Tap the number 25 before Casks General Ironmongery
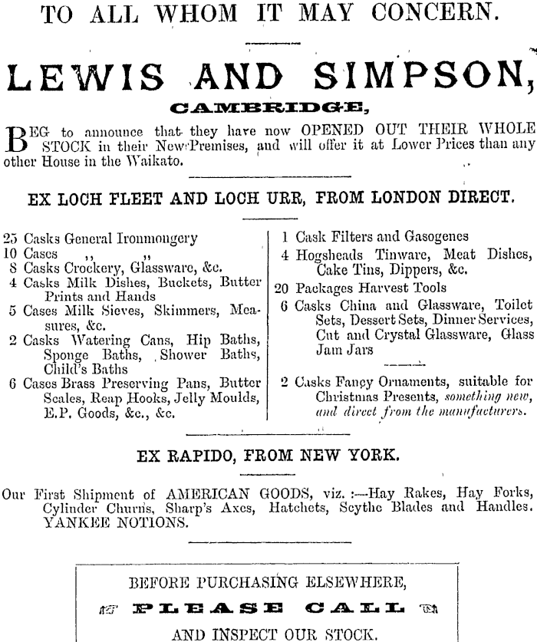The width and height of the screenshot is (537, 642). pos(11,238)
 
